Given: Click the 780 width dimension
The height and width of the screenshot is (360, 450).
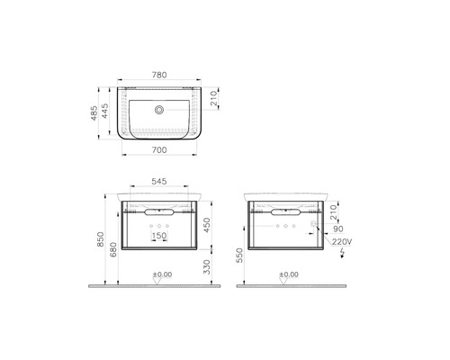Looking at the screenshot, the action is (159, 75).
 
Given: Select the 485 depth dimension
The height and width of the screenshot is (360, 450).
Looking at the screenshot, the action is (94, 112).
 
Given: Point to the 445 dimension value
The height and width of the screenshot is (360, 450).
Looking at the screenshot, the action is (104, 111).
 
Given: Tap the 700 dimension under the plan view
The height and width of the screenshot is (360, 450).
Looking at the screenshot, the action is (159, 149).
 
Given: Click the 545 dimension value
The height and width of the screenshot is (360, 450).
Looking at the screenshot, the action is (159, 181).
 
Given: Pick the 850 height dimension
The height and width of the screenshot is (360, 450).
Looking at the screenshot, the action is (101, 239).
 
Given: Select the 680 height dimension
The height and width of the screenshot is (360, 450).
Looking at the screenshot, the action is (113, 249).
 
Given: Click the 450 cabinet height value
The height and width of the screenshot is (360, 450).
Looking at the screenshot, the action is (207, 225).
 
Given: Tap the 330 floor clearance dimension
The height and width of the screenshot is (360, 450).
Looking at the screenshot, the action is (207, 266).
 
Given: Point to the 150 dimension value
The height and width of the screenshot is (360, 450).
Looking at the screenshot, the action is (159, 236).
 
